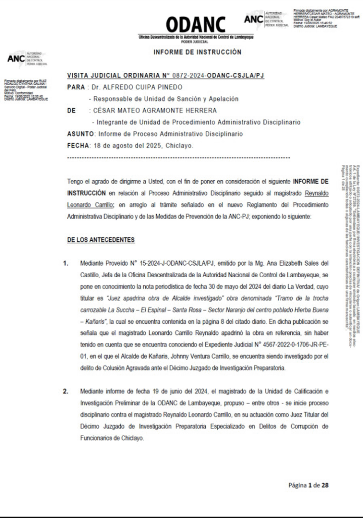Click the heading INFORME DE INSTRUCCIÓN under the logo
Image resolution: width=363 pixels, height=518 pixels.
[197, 52]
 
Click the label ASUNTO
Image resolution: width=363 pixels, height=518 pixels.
[80, 134]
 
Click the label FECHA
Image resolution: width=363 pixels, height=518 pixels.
[78, 146]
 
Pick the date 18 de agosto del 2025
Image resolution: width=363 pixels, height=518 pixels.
[126, 146]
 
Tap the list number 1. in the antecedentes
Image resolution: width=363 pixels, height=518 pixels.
[66, 264]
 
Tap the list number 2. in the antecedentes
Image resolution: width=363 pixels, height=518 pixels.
[66, 406]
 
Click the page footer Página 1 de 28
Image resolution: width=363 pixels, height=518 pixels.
[308, 485]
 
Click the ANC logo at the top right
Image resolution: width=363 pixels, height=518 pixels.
[254, 19]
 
